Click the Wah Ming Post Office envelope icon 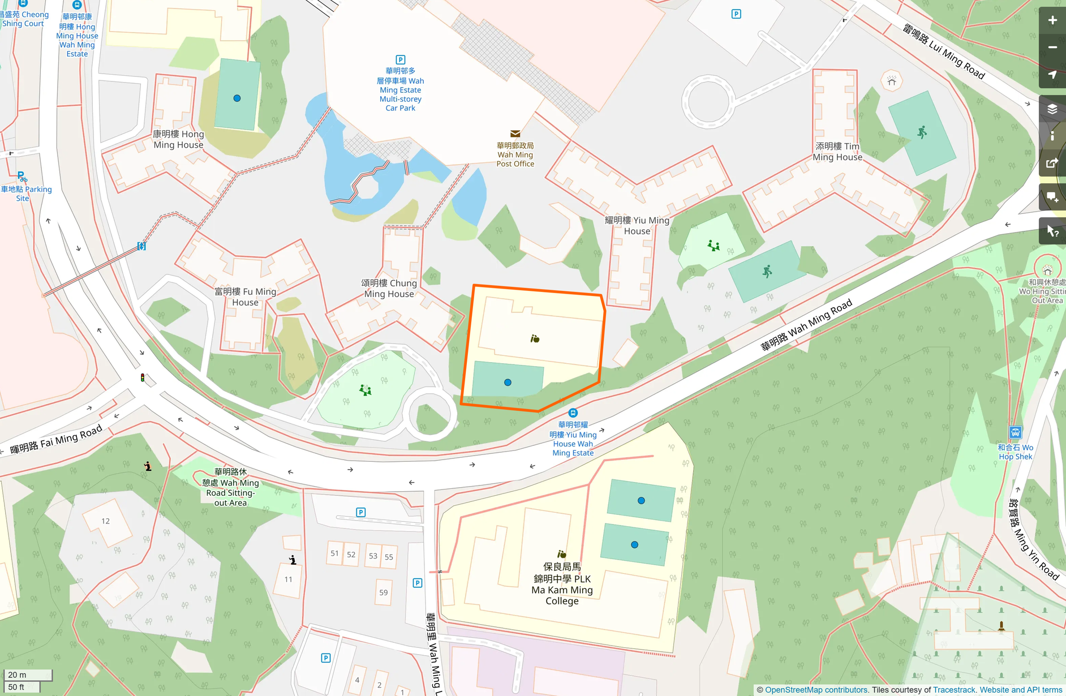click(x=515, y=134)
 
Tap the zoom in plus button click(x=1052, y=20)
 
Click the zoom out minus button click(x=1052, y=48)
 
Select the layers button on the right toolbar click(x=1052, y=109)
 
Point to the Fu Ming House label click(x=245, y=297)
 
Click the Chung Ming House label click(x=389, y=288)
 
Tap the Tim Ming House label click(x=837, y=151)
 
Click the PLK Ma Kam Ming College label click(x=561, y=583)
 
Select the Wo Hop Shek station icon click(x=1015, y=432)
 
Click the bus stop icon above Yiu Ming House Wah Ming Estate click(x=573, y=413)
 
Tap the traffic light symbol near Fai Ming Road click(x=143, y=377)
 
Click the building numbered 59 click(x=384, y=592)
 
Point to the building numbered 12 click(x=106, y=521)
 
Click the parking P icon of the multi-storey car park click(x=400, y=59)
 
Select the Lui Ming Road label click(x=943, y=51)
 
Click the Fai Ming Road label click(x=56, y=439)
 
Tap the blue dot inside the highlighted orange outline click(x=508, y=383)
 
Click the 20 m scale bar click(x=27, y=674)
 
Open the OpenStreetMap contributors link click(x=816, y=690)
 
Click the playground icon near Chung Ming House click(x=366, y=390)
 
